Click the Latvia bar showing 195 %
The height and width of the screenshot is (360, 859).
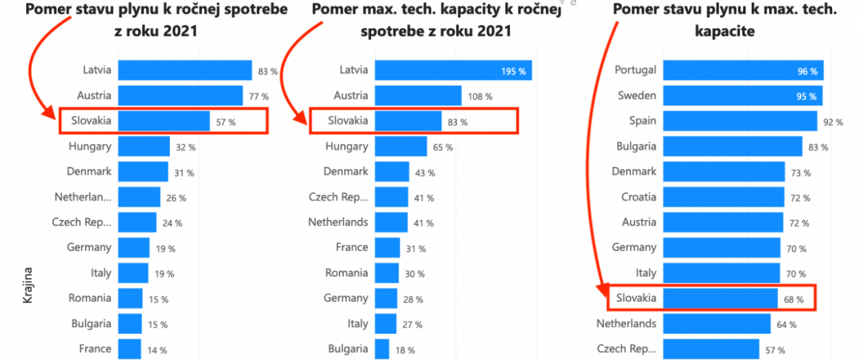point(453,71)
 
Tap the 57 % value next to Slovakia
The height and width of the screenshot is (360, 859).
point(226,122)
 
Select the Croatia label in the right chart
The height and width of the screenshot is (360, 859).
point(638,197)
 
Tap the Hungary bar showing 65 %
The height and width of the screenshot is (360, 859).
point(401,146)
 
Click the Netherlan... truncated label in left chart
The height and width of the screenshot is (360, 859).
point(82,197)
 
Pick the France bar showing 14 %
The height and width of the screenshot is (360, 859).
point(129,349)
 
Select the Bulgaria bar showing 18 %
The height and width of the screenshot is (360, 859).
point(382,349)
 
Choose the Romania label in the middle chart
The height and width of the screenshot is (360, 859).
point(346,273)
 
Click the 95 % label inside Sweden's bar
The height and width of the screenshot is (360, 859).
point(807,96)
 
